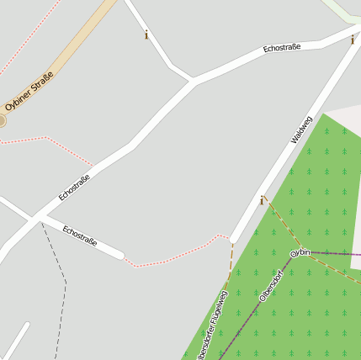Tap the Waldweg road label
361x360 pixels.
point(300,130)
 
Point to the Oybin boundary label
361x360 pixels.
point(300,252)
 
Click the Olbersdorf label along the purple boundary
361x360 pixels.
point(271,285)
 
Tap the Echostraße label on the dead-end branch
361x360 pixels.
point(80,236)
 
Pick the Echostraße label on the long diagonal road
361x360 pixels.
point(74,187)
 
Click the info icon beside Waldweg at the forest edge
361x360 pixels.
point(262,200)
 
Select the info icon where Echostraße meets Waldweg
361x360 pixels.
point(353,39)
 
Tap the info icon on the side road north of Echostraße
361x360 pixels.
point(146,34)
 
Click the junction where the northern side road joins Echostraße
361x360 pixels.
point(193,82)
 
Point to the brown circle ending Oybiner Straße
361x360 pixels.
point(2,121)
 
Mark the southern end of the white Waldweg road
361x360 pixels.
point(233,239)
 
